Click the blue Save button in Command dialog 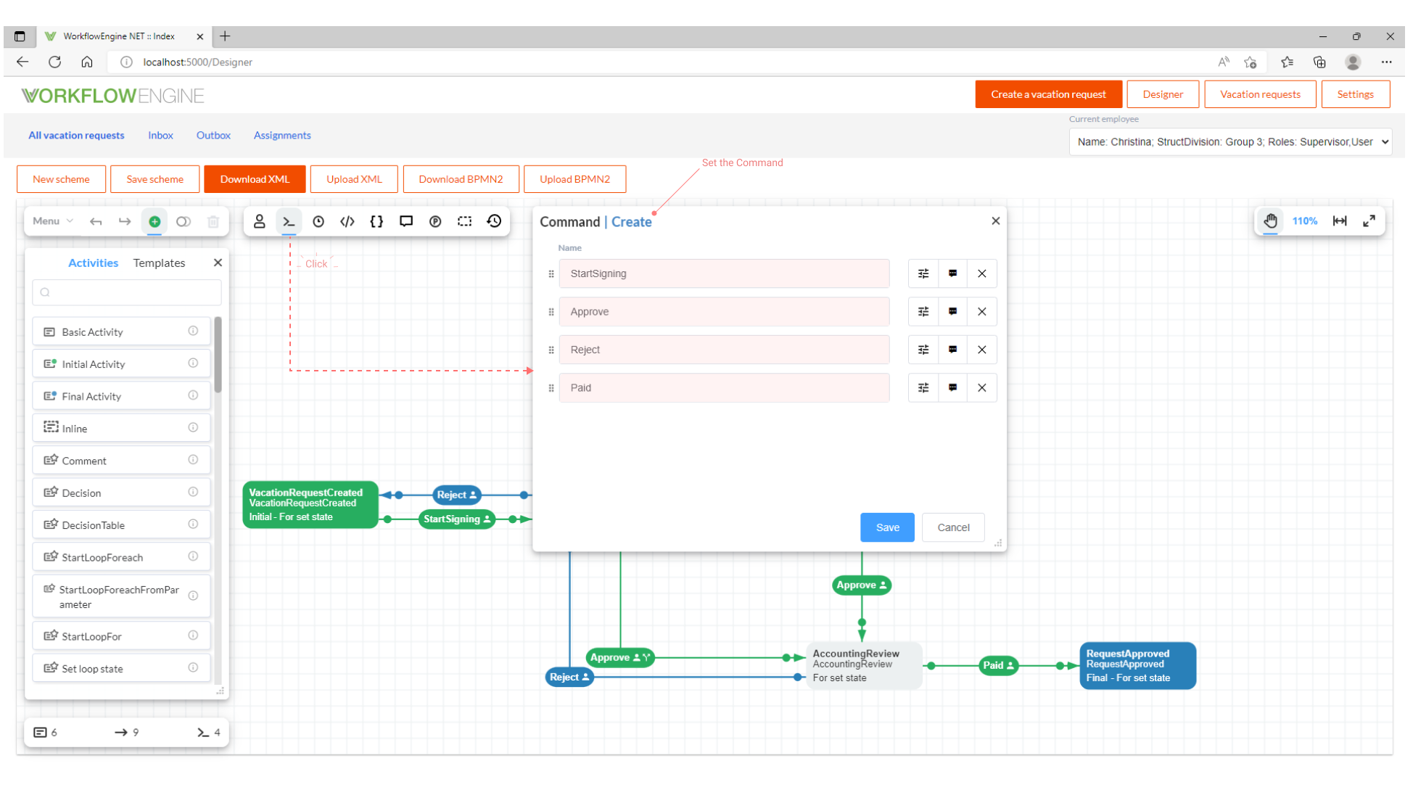point(886,527)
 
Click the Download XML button point(255,179)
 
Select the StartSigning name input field point(723,273)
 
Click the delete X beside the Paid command point(981,388)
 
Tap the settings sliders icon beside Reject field point(923,350)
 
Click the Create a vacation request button point(1047,94)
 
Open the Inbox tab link point(160,136)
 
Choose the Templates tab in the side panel point(159,263)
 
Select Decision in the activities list point(81,493)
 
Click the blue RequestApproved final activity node point(1137,665)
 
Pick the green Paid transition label point(997,665)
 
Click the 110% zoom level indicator point(1304,221)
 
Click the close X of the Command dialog point(995,221)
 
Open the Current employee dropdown point(1231,142)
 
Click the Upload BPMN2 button point(574,179)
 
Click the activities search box point(127,292)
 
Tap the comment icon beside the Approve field point(952,312)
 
